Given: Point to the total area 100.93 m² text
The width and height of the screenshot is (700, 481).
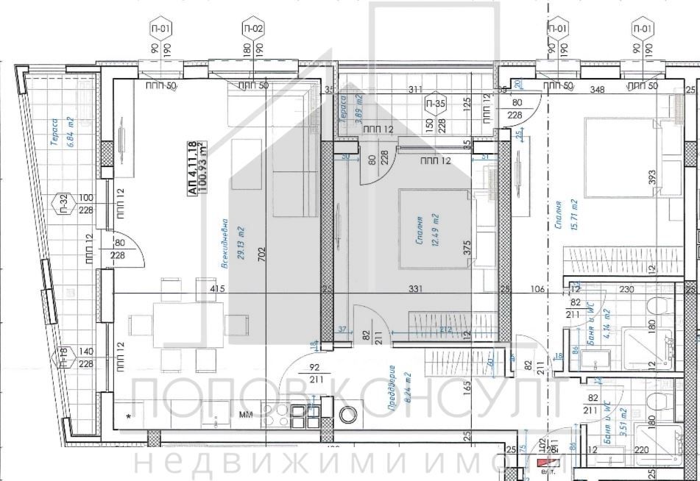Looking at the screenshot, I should tap(204, 168).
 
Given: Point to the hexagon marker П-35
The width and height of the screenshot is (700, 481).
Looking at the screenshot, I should tap(436, 104).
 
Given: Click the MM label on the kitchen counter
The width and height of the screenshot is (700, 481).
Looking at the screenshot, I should tap(246, 415).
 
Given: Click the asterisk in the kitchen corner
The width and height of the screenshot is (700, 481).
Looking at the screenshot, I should tap(129, 417).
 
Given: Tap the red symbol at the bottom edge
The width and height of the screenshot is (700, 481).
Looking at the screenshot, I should tap(545, 463).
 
